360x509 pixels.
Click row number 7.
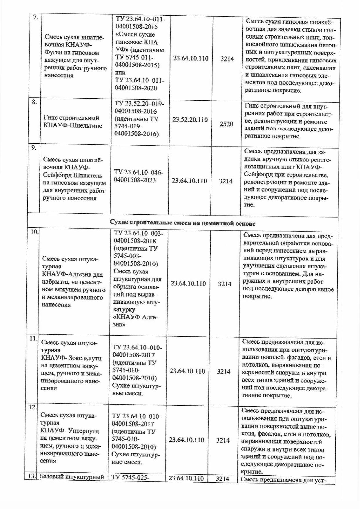(35, 17)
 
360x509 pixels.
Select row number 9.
(34, 147)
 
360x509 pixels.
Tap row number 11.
(34, 338)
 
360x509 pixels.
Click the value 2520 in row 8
(226, 124)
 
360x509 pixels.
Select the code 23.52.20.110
(190, 119)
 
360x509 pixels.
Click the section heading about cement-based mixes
(183, 223)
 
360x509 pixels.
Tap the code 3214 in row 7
(227, 59)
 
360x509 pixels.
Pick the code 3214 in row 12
(223, 440)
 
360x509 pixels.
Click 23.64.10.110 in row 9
(189, 181)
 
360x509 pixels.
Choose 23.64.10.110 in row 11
(187, 371)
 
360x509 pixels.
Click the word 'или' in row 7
(120, 73)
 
